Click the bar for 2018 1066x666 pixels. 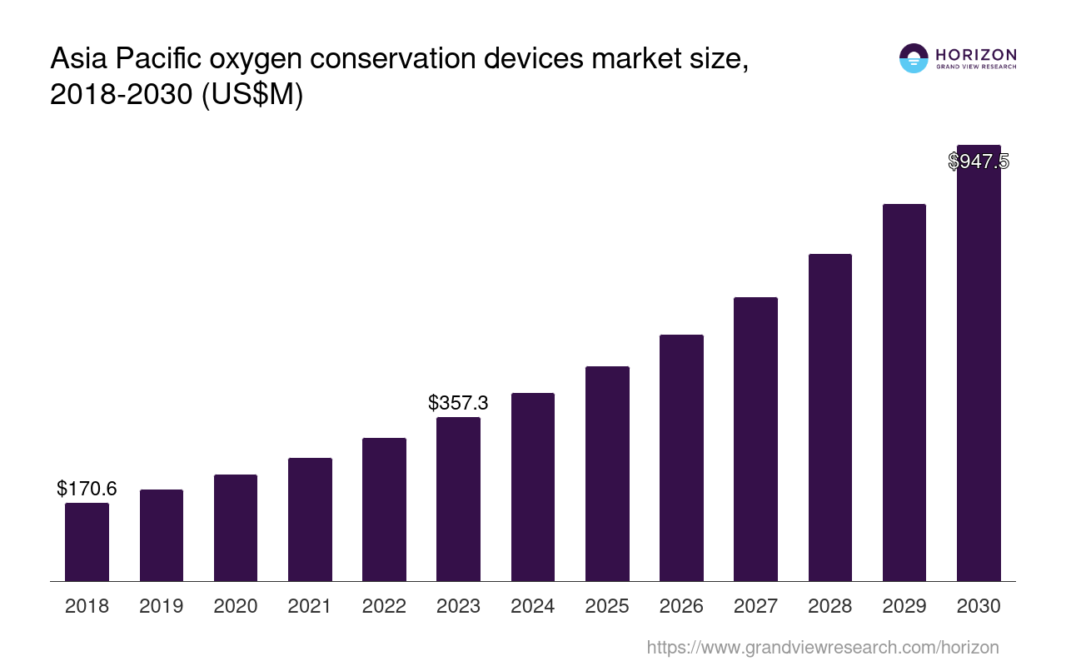pos(87,542)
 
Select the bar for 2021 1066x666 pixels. pos(310,519)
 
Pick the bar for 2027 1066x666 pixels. pos(755,439)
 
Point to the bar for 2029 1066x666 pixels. pos(904,392)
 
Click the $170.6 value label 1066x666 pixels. pos(87,489)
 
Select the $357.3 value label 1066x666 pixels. pos(458,403)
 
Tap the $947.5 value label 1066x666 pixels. pos(979,162)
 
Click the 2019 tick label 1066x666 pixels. pos(162,606)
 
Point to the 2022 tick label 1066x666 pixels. pos(384,606)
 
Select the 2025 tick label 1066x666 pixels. pos(607,606)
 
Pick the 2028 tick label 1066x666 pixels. pos(830,606)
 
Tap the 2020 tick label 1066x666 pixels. pos(236,606)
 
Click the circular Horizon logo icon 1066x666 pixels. pos(914,58)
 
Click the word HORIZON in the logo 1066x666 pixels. pos(975,55)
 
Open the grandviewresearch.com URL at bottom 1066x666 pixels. pos(822,647)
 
